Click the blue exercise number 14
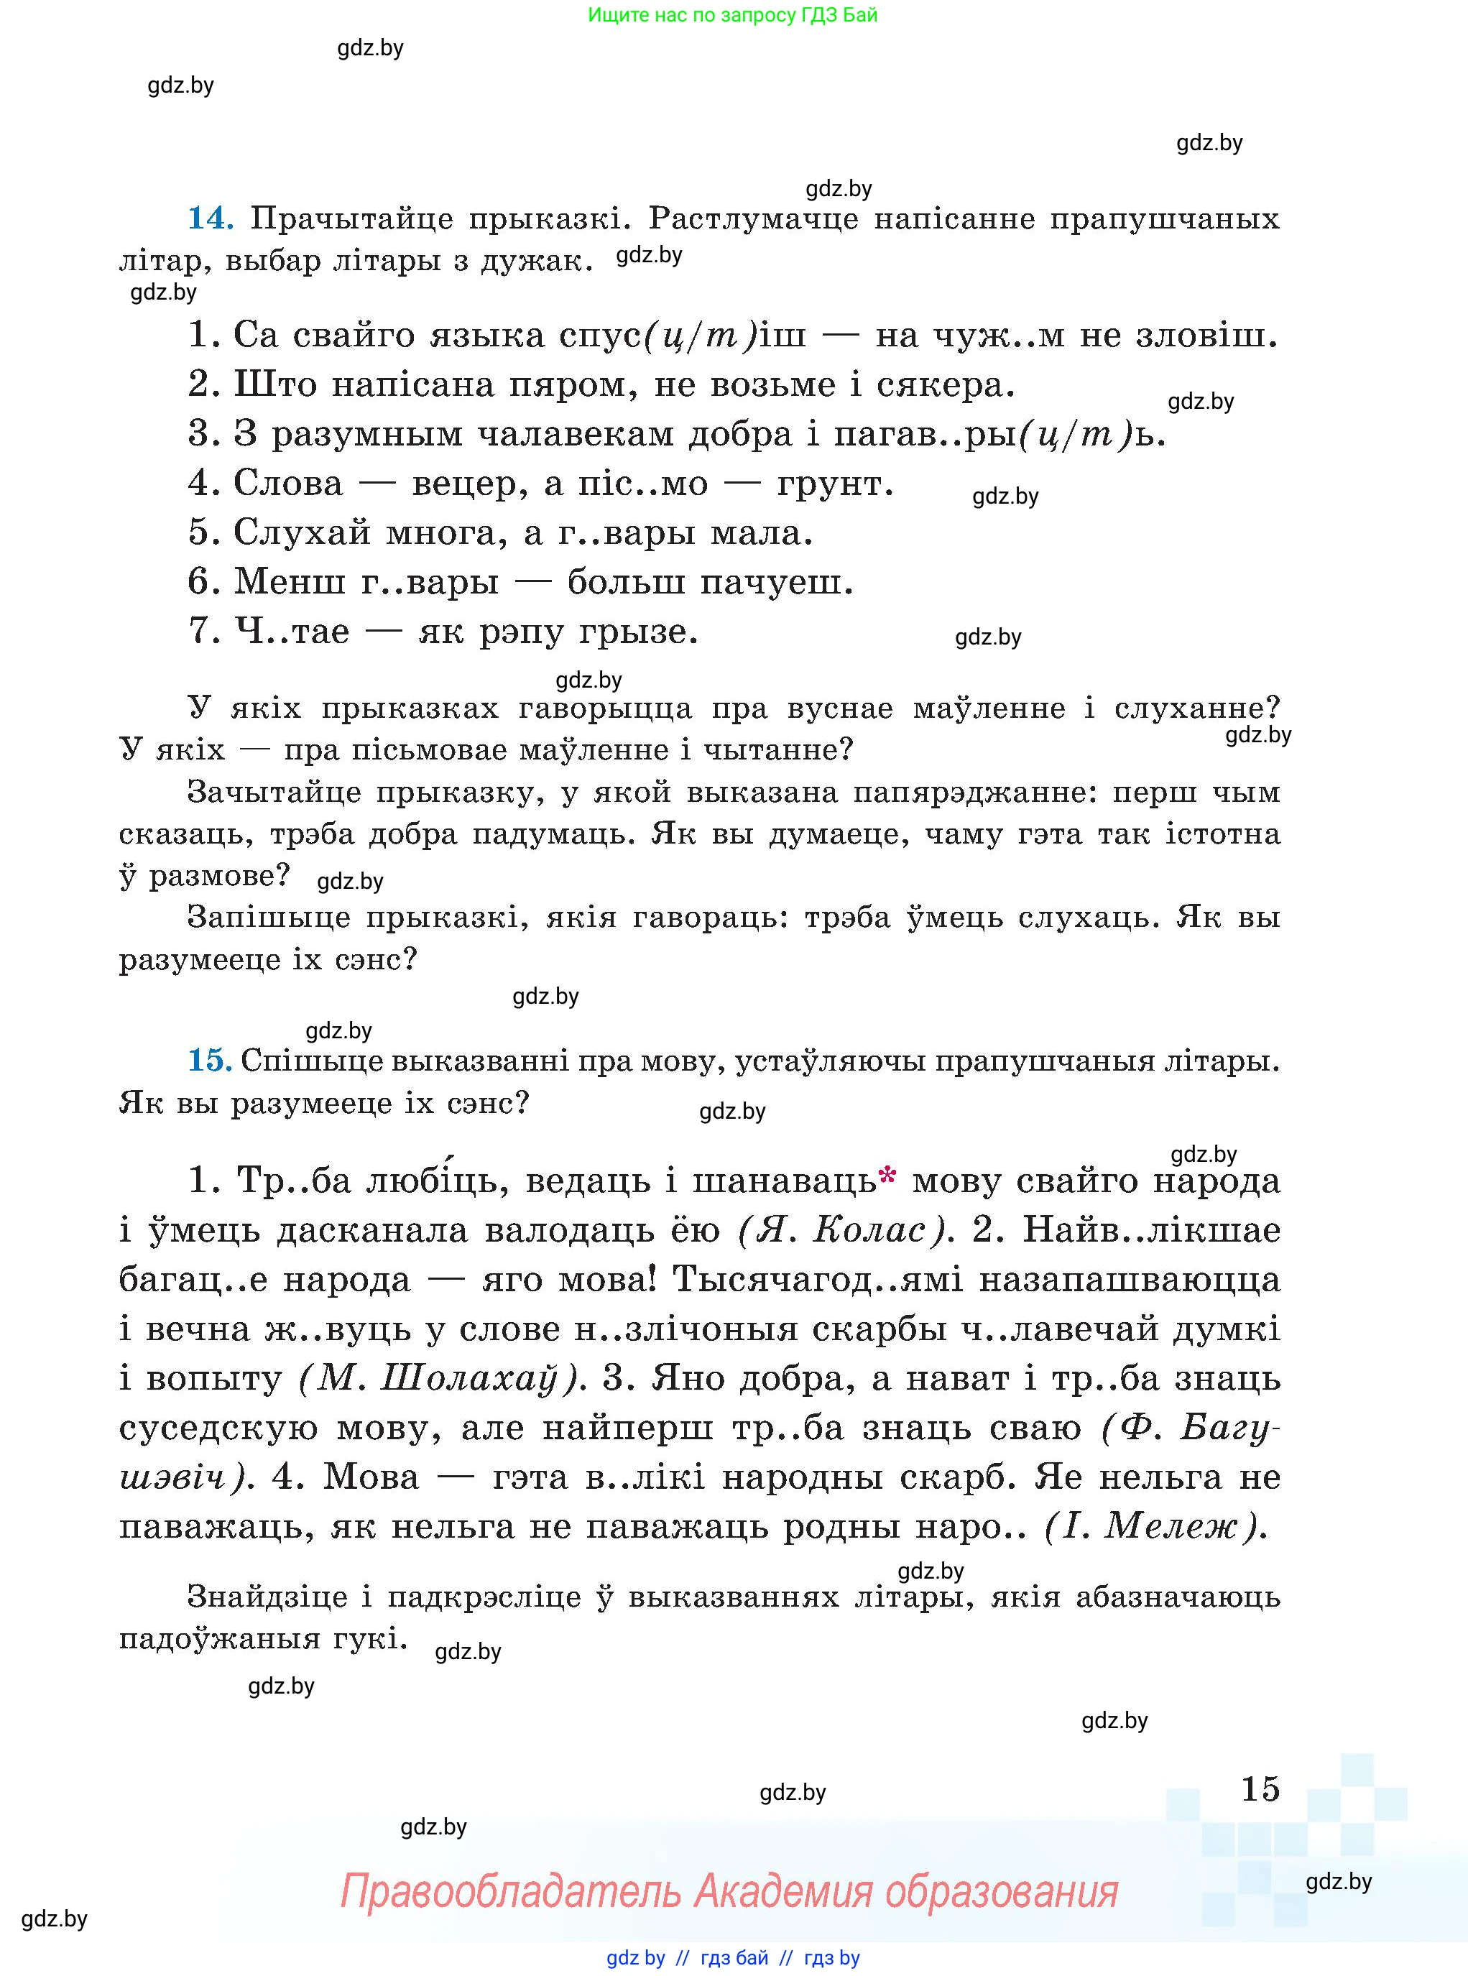pos(210,218)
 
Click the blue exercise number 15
pos(209,1060)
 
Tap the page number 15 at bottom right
pos(1260,1788)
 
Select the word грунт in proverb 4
pos(834,484)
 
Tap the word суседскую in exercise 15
pos(218,1428)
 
